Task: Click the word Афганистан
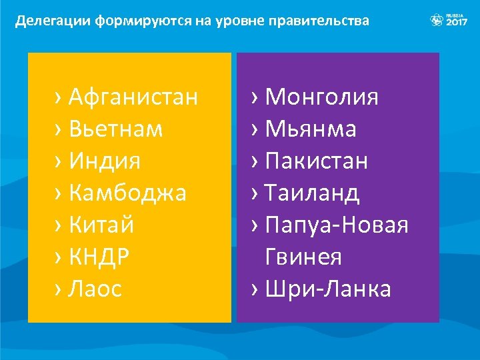[x=133, y=97]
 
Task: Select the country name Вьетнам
[x=115, y=129]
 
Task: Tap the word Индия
[x=105, y=161]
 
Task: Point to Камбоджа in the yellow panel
[x=127, y=193]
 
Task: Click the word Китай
[x=101, y=225]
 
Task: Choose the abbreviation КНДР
[x=99, y=257]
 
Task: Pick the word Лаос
[x=95, y=289]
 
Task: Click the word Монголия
[x=322, y=97]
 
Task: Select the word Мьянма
[x=311, y=129]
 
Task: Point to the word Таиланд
[x=312, y=193]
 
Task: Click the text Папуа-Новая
[x=337, y=225]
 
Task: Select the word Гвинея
[x=303, y=257]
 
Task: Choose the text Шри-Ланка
[x=328, y=289]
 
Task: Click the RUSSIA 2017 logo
[x=449, y=19]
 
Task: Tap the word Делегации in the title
[x=53, y=21]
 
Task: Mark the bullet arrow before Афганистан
[x=59, y=98]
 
